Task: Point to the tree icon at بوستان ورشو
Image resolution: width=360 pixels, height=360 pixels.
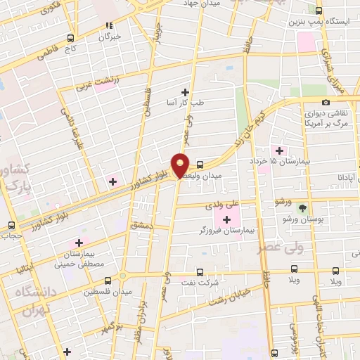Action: pyautogui.click(x=302, y=208)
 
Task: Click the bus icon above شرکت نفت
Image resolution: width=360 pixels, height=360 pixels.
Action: pyautogui.click(x=200, y=272)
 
